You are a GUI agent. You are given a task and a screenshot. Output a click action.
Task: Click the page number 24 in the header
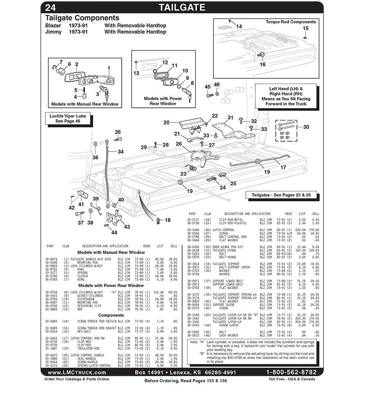51,7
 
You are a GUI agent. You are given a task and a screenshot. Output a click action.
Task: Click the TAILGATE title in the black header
182,7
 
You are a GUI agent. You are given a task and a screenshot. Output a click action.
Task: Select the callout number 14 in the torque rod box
239,27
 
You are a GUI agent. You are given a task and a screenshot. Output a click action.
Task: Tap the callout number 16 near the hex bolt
263,64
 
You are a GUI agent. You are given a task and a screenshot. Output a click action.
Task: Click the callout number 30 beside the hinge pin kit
306,127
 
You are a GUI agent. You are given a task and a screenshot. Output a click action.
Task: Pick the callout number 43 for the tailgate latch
127,227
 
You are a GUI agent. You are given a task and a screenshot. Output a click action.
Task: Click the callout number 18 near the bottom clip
167,220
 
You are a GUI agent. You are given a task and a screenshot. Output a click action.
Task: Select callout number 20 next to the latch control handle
166,122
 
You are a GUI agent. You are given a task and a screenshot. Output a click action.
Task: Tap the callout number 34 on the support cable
120,151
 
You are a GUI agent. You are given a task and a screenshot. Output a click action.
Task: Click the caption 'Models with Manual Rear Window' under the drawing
85,104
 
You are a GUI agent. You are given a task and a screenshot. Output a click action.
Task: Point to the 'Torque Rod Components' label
290,22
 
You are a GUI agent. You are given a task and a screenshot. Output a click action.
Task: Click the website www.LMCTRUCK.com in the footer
77,372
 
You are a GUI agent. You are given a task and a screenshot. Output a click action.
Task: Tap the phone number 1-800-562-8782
291,372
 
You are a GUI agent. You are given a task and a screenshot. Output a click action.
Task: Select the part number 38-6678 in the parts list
51,259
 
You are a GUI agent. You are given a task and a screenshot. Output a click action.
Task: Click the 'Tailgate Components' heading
82,18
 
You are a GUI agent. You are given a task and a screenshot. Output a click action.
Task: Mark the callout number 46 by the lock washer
217,85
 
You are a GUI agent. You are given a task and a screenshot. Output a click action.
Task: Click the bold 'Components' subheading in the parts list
111,315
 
